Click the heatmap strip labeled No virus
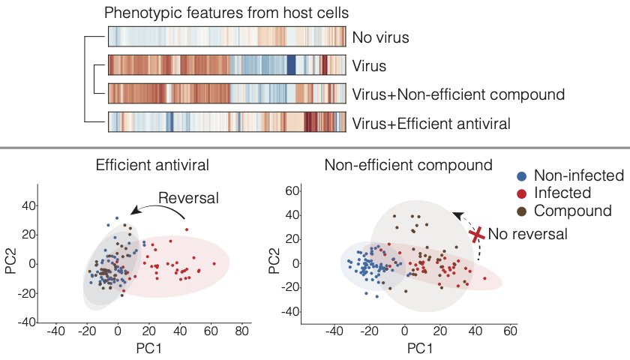tap(227, 37)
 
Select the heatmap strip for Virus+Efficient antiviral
tap(227, 121)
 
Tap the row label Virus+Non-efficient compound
tap(457, 94)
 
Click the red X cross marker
tap(476, 235)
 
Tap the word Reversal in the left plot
tap(187, 198)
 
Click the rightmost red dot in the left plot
tap(214, 263)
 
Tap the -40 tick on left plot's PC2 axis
tap(27, 322)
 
